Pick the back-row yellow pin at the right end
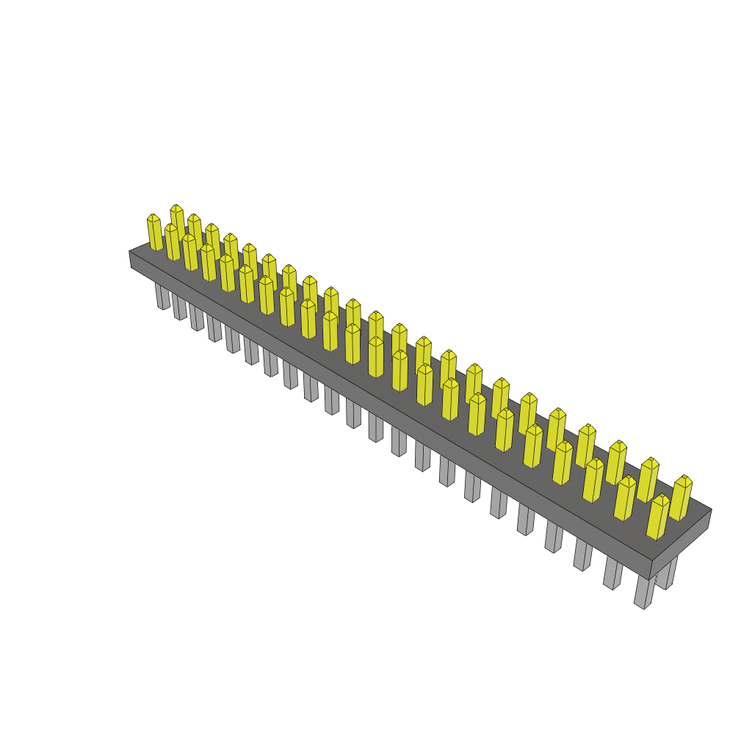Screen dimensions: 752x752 coord(681,498)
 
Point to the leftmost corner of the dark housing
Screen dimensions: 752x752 coord(130,252)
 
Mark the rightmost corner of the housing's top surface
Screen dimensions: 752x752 coord(711,509)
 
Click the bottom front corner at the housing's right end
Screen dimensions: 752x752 coord(651,579)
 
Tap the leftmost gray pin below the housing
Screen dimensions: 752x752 coord(161,296)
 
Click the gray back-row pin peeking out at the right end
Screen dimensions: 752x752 coord(666,574)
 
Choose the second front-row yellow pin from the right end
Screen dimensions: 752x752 coord(624,499)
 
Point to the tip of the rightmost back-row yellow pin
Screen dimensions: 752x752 coord(684,477)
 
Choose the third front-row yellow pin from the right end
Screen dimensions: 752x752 coord(593,480)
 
